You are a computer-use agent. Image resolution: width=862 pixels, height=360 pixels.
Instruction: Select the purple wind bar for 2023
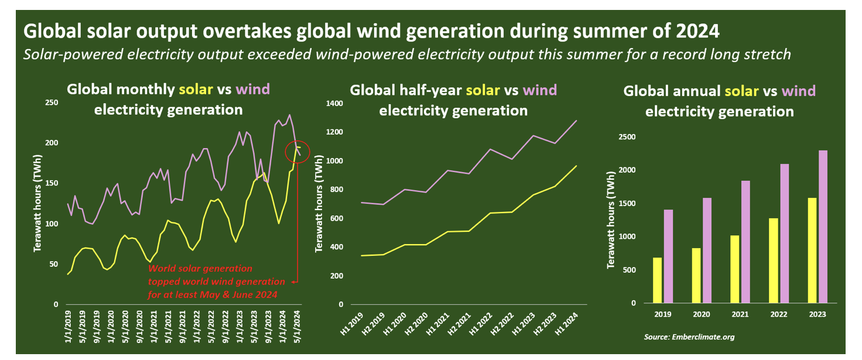[823, 227]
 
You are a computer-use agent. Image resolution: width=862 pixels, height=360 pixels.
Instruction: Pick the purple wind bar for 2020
[706, 251]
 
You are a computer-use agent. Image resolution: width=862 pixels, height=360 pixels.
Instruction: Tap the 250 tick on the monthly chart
[52, 103]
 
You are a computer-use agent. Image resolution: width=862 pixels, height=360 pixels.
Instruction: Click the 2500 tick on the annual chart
[627, 138]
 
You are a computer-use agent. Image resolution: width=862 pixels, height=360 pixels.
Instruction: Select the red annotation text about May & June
[216, 282]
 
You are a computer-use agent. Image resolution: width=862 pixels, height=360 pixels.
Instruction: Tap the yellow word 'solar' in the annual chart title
[741, 91]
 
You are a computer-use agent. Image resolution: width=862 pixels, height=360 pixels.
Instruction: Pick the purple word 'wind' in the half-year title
[539, 90]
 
